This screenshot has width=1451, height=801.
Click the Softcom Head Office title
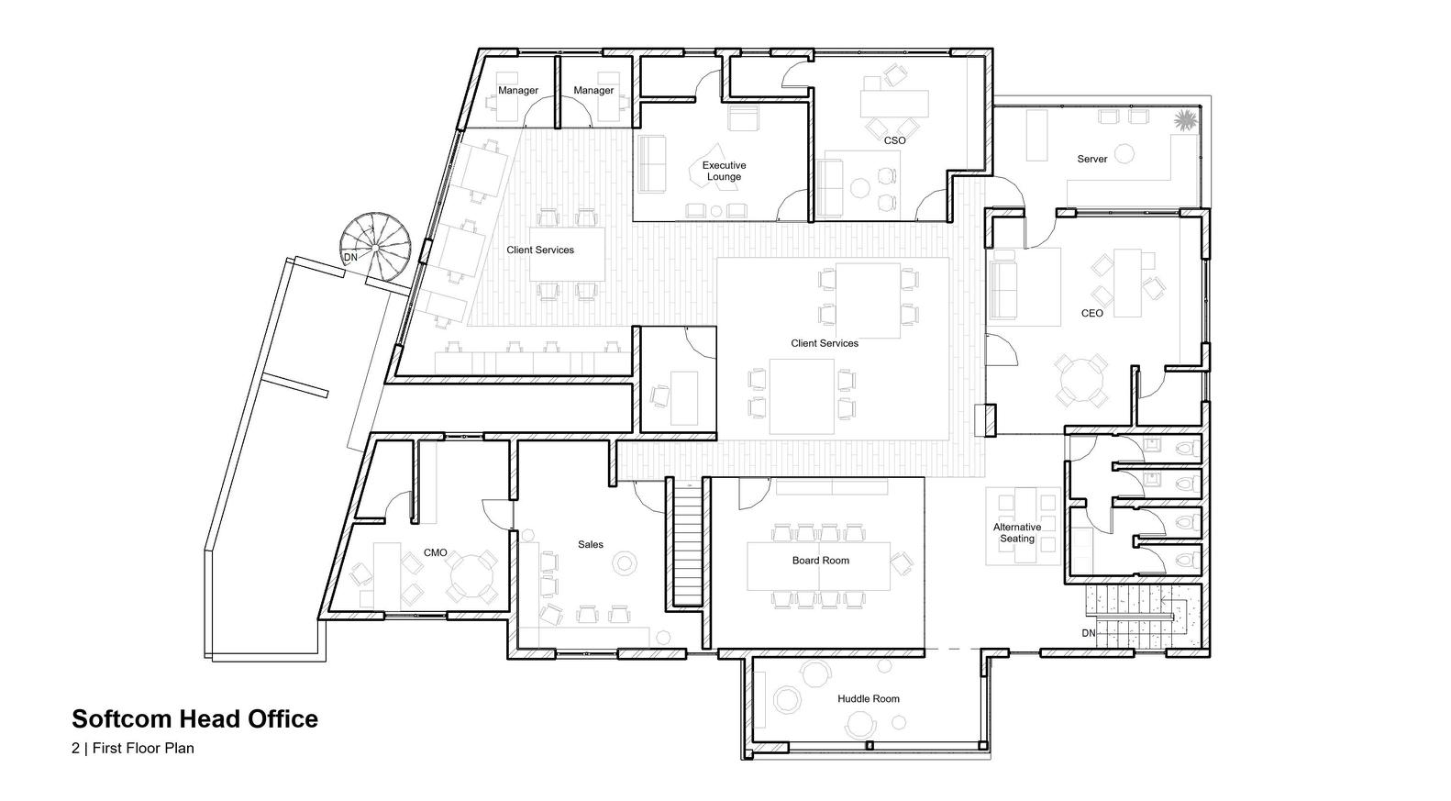pyautogui.click(x=194, y=718)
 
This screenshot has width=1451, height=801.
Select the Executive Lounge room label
pyautogui.click(x=724, y=172)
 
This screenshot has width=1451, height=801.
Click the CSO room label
pyautogui.click(x=894, y=140)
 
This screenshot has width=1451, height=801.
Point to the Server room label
pyautogui.click(x=1091, y=159)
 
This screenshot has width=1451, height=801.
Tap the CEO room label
pyautogui.click(x=1091, y=313)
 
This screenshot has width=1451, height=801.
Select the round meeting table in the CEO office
pyautogui.click(x=1081, y=378)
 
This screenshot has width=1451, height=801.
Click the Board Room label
pyautogui.click(x=821, y=560)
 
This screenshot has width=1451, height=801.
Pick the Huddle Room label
pyautogui.click(x=868, y=698)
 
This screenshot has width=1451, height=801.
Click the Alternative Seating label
pyautogui.click(x=1017, y=533)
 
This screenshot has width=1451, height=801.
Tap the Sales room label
pyautogui.click(x=591, y=544)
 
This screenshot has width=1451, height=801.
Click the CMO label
pyautogui.click(x=435, y=552)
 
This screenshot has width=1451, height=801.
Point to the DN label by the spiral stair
pyautogui.click(x=350, y=258)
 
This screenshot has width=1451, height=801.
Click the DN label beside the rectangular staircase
pyautogui.click(x=1088, y=633)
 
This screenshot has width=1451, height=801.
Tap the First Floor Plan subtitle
pyautogui.click(x=133, y=748)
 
